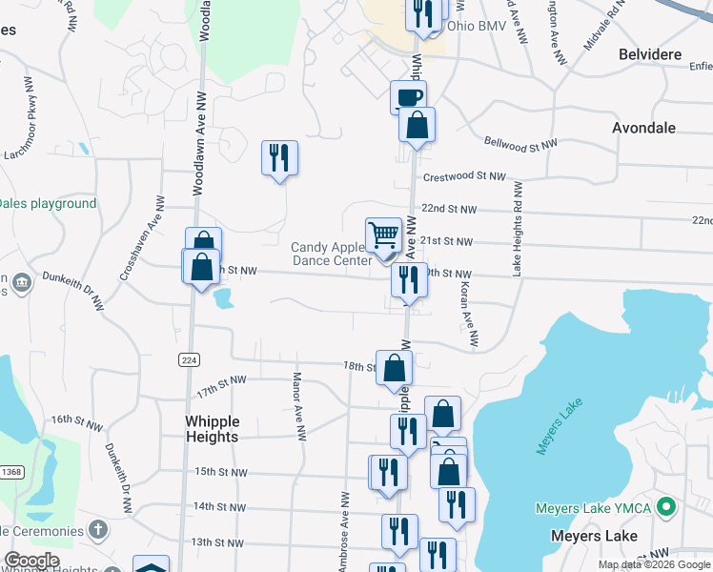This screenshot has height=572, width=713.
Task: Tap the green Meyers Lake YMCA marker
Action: [x=668, y=506]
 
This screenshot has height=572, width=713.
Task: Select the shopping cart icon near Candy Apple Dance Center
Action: [x=383, y=235]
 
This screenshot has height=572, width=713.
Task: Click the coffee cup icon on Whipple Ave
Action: [x=408, y=96]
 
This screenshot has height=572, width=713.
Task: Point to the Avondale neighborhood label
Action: [x=643, y=127]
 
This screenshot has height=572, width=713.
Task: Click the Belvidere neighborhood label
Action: [x=650, y=54]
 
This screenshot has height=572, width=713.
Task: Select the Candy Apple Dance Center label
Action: [x=331, y=254]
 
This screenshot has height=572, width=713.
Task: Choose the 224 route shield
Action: [x=187, y=358]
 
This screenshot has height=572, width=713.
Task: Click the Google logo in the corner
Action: [x=31, y=561]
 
